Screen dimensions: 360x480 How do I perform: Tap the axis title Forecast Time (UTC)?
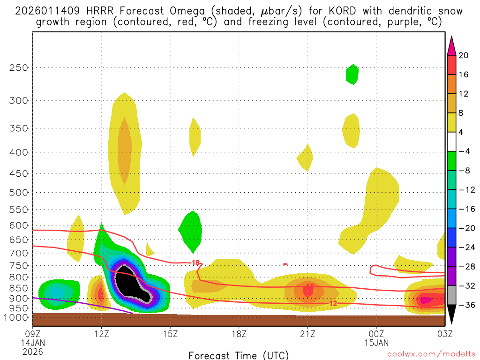[x=239, y=355]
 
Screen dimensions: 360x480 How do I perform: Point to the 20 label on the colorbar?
[x=464, y=56]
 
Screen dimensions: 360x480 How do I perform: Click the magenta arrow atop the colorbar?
[x=452, y=45]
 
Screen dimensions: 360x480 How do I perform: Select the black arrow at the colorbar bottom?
[x=452, y=317]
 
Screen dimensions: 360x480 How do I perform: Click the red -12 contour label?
[x=332, y=304]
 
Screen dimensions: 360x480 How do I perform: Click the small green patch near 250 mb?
[x=352, y=74]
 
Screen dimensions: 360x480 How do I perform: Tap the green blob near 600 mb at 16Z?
[x=191, y=231]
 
